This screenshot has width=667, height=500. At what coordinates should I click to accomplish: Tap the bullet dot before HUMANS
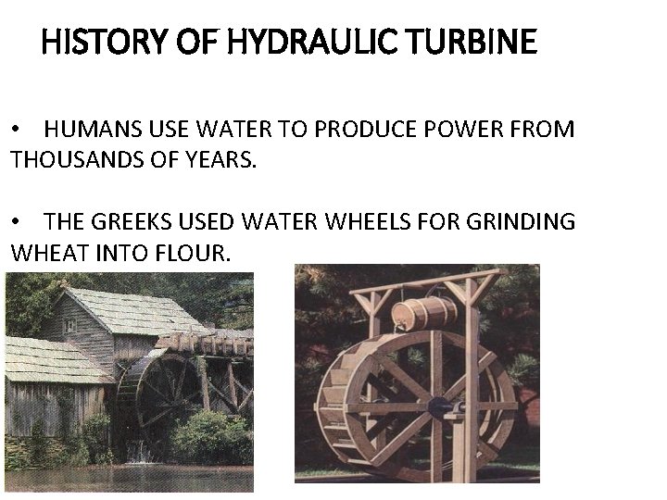pos(16,129)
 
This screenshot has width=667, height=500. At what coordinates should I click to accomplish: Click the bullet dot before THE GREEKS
pos(16,221)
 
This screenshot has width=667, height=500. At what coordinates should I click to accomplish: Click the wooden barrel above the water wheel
pos(423,313)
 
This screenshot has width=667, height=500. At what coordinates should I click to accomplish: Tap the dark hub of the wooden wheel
pos(437,405)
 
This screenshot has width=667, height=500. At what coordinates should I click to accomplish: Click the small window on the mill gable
pos(70,326)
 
